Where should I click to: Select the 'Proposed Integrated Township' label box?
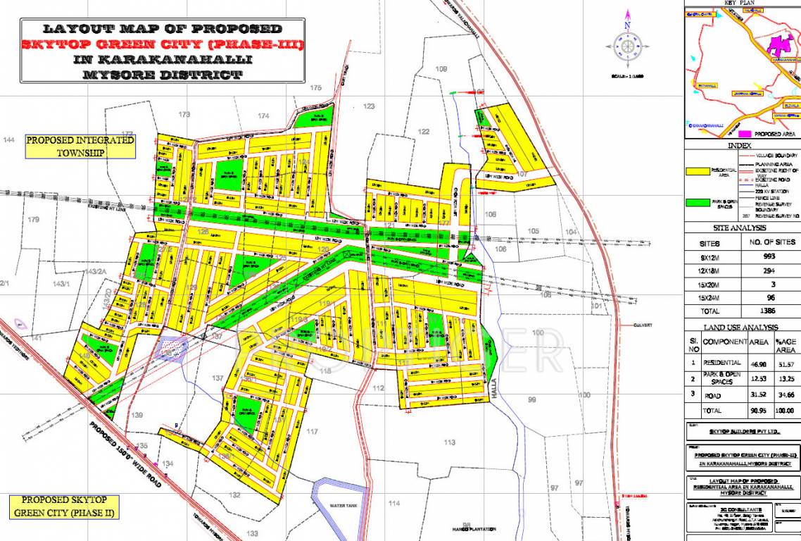pyautogui.click(x=80, y=147)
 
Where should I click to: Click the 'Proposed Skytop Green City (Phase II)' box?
pyautogui.click(x=63, y=506)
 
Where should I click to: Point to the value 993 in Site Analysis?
pyautogui.click(x=769, y=256)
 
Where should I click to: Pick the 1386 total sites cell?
pyautogui.click(x=769, y=310)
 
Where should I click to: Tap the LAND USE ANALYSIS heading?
pyautogui.click(x=741, y=328)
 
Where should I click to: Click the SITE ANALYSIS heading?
pyautogui.click(x=742, y=228)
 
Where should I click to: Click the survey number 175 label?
pyautogui.click(x=315, y=88)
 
